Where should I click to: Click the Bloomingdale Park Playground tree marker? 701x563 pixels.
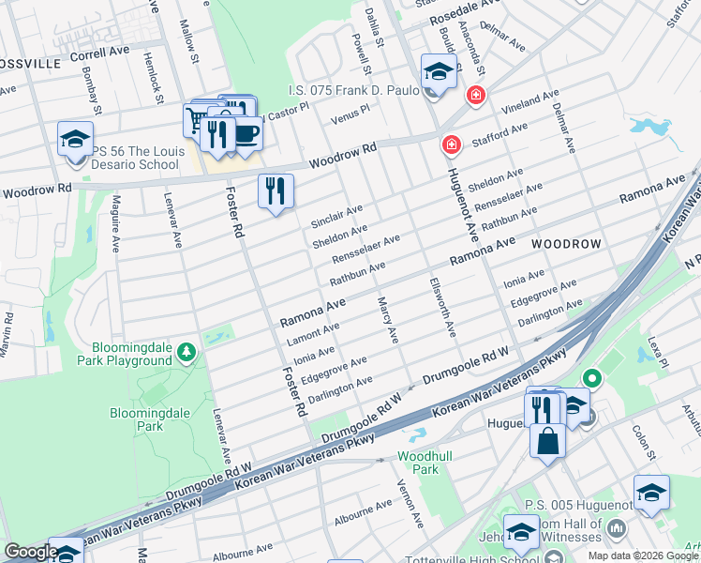(x=188, y=353)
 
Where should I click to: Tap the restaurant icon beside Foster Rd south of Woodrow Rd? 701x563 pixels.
(x=276, y=191)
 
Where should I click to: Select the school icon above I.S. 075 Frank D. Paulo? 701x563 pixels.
(x=438, y=71)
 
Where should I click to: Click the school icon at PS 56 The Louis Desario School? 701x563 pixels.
(x=75, y=140)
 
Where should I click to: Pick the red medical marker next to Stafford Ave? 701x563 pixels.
(x=452, y=145)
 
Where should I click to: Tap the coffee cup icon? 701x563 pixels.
(x=246, y=132)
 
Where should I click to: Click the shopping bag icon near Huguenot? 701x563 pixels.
(x=547, y=440)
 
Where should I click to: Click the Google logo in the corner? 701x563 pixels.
(x=31, y=552)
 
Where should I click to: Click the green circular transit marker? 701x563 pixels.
(x=591, y=379)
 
